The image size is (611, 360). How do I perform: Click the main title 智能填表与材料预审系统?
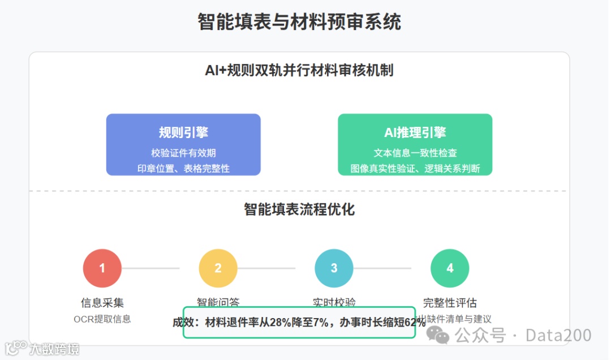click(299, 23)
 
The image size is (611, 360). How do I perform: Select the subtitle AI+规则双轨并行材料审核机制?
click(299, 71)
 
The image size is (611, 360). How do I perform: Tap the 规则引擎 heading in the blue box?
click(183, 132)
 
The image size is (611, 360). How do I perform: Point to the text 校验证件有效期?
click(183, 153)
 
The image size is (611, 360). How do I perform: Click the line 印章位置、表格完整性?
click(183, 168)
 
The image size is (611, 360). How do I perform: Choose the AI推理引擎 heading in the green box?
click(415, 132)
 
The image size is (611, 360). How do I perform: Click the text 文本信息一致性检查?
click(415, 153)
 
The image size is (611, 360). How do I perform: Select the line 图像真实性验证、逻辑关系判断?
click(415, 168)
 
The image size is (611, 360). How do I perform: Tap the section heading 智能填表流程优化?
click(299, 209)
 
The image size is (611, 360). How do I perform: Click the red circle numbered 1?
click(102, 268)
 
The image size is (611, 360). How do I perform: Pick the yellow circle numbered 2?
click(218, 268)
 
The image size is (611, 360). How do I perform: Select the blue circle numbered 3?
click(334, 268)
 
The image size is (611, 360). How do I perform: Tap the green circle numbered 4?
click(450, 268)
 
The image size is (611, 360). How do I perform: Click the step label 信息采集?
click(102, 303)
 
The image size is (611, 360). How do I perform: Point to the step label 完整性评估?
click(450, 303)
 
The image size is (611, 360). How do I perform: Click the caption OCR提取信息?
click(102, 319)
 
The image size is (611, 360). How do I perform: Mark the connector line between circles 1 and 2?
click(150, 268)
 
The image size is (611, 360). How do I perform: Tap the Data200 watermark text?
click(558, 335)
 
